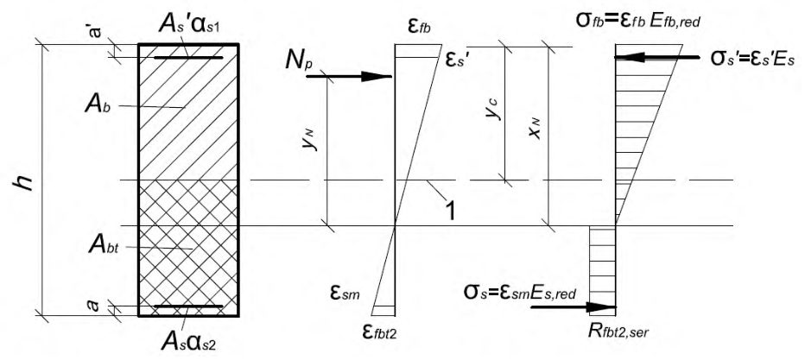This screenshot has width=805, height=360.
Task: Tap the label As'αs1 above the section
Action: pos(189,26)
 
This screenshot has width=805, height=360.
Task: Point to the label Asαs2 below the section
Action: pos(188,339)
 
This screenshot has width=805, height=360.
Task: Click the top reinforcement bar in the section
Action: pos(188,58)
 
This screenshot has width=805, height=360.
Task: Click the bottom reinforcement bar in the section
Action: pos(188,306)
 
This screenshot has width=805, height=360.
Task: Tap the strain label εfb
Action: pos(418,26)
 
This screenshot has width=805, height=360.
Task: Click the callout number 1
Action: pos(451,211)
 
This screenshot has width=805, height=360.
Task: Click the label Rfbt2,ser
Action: pos(618,332)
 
